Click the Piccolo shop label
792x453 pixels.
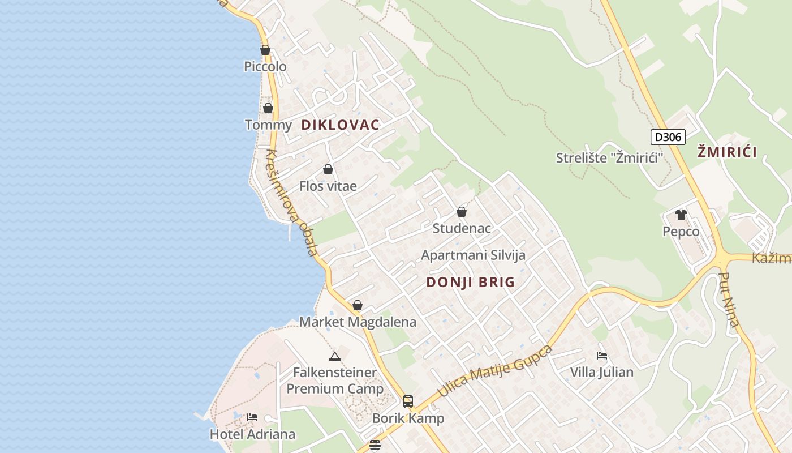click(265, 67)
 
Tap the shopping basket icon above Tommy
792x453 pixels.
click(268, 108)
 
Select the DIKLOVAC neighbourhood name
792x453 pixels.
click(340, 125)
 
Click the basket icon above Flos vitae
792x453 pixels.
click(328, 169)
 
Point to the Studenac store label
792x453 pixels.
click(462, 228)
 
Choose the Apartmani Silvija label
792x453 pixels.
click(473, 255)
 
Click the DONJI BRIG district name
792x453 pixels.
click(471, 282)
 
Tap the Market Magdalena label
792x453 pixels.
click(358, 322)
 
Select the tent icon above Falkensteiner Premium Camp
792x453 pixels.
click(335, 356)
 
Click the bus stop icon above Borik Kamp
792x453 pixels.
click(408, 401)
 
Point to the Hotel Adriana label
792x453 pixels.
click(252, 434)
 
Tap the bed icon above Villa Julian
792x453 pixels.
click(602, 356)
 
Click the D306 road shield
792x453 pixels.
click(668, 136)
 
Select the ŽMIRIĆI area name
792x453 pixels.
click(727, 152)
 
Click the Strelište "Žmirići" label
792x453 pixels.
click(609, 158)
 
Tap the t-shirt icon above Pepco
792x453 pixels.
click(681, 215)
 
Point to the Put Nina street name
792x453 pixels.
click(729, 300)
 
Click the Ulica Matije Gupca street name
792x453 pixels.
click(494, 371)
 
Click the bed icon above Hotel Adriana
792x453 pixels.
click(252, 417)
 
